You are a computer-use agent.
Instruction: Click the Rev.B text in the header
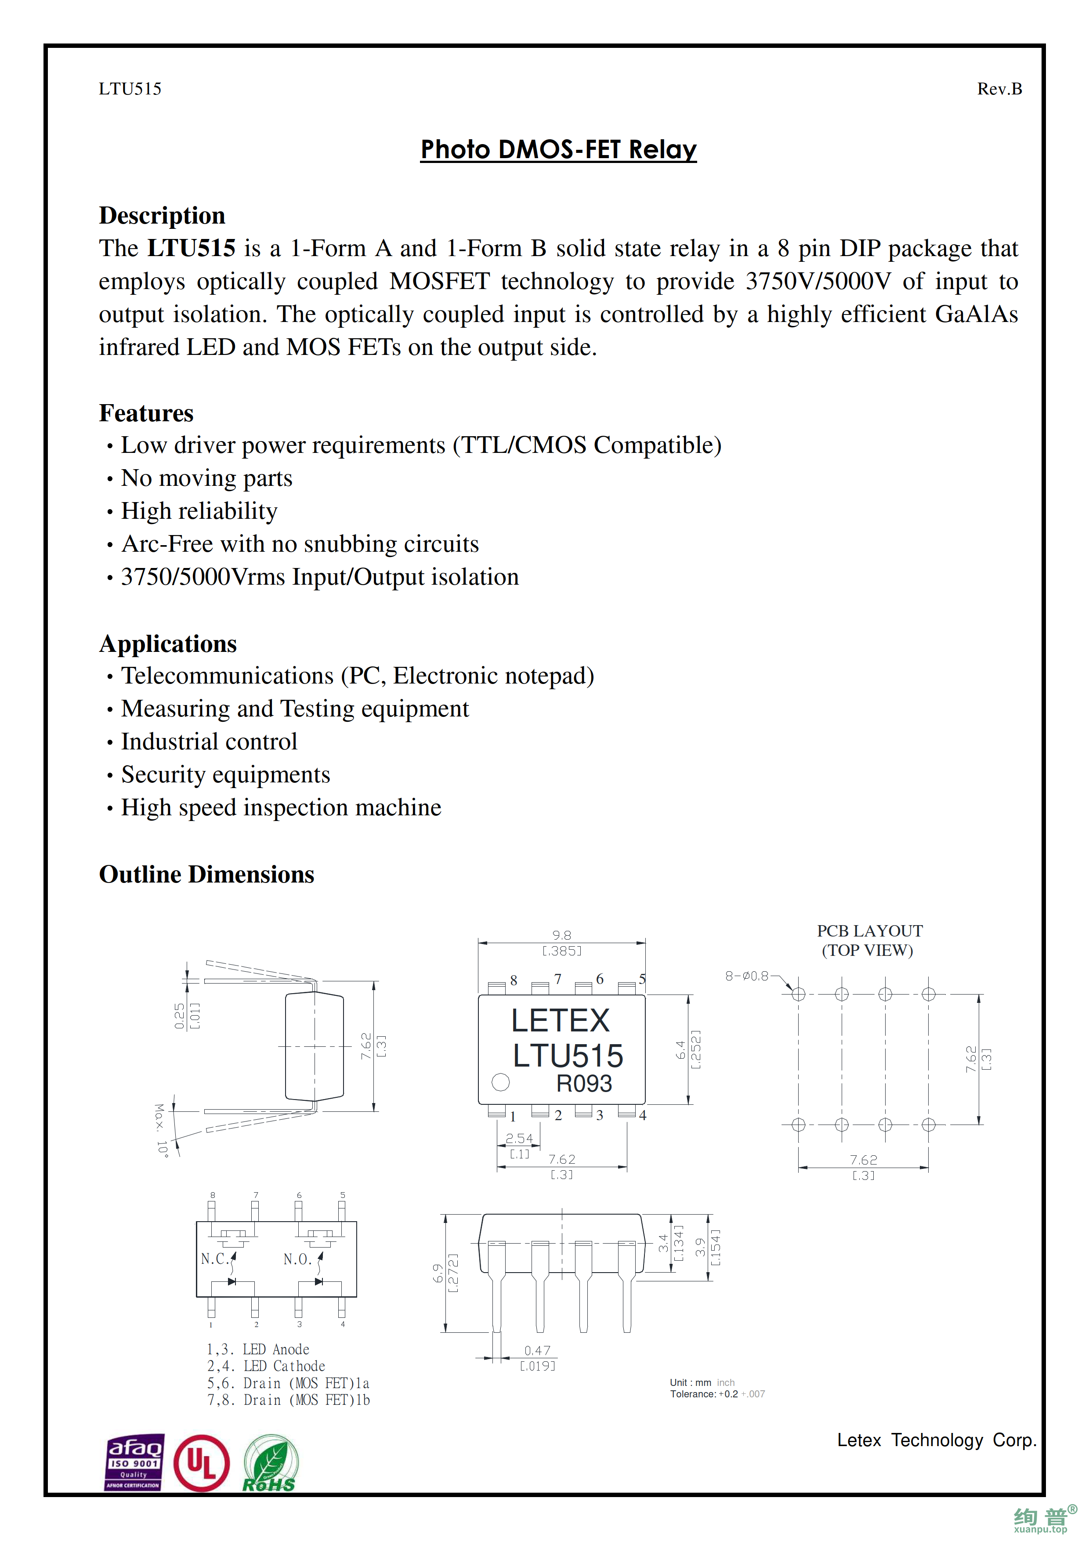(x=999, y=89)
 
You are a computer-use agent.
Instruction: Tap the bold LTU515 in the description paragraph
(x=191, y=248)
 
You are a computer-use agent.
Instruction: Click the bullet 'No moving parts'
(x=206, y=478)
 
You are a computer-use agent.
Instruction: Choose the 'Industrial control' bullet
(x=209, y=742)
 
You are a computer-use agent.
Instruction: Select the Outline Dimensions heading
(x=206, y=875)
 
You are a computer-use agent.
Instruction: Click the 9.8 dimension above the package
(x=561, y=935)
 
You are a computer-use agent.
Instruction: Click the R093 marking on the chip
(x=584, y=1083)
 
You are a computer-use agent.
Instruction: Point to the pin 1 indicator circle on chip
(x=500, y=1082)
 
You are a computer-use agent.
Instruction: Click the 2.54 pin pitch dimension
(x=519, y=1138)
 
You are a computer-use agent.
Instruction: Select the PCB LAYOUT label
(x=870, y=931)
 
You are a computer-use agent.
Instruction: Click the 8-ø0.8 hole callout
(x=747, y=976)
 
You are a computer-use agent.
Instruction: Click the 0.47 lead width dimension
(x=537, y=1350)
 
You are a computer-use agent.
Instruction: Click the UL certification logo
(x=201, y=1463)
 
